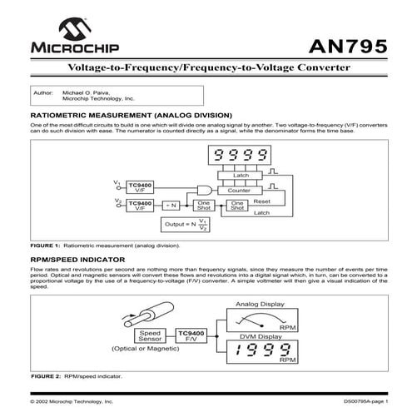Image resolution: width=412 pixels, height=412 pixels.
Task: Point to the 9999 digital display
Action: [x=241, y=155]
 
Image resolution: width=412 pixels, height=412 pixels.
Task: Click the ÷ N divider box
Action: [x=171, y=205]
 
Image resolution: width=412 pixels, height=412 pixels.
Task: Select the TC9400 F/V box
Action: [x=191, y=335]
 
